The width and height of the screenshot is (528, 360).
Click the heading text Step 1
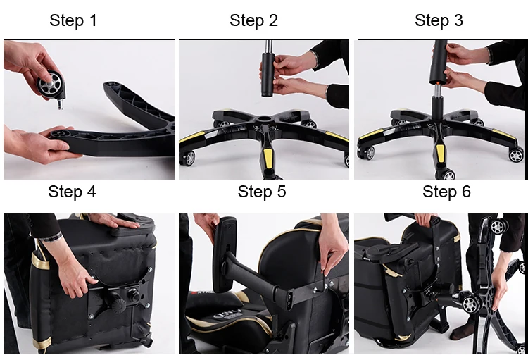(73, 20)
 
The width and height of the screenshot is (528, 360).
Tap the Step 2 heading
(253, 20)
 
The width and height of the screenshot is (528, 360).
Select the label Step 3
(439, 20)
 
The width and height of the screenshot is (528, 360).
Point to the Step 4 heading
(72, 192)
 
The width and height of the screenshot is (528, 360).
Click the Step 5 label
(262, 192)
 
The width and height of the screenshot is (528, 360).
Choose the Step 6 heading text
(446, 192)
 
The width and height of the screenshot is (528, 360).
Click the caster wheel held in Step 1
(50, 85)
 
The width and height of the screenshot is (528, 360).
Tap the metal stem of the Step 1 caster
(61, 104)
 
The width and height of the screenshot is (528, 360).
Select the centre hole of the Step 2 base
(264, 119)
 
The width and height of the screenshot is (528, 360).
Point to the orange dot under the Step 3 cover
(436, 82)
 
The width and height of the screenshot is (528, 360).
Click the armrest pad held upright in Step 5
(225, 254)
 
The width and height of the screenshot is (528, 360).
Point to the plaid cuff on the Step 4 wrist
(51, 236)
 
